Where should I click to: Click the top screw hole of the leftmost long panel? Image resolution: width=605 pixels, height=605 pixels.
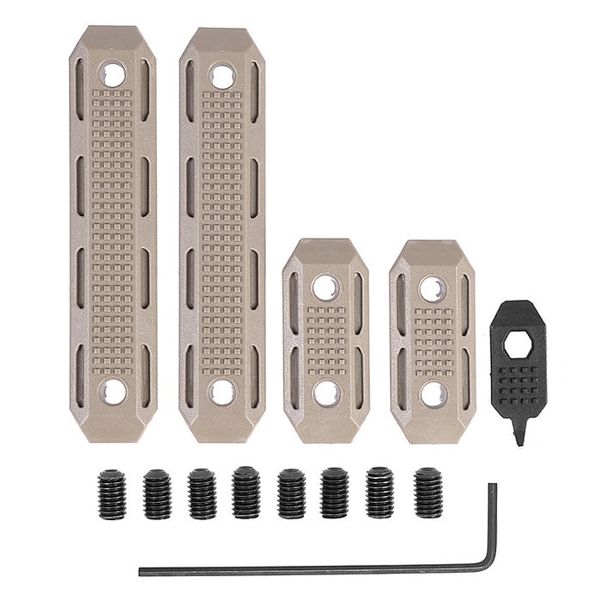[x=112, y=75]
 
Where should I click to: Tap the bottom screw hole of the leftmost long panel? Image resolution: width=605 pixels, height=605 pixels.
[x=113, y=391]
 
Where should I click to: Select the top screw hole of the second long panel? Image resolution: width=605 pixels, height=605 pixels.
[x=222, y=77]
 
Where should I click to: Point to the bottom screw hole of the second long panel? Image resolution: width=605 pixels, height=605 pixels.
[x=223, y=392]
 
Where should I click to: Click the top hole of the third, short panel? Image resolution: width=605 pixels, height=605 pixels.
[x=325, y=287]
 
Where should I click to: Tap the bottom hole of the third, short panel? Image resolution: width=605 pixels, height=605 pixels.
[x=326, y=393]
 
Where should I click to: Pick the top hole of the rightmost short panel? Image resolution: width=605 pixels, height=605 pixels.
[x=433, y=289]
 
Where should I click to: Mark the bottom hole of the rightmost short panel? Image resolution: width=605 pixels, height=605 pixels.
[x=433, y=394]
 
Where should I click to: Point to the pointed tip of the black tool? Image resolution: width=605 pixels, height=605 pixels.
[x=519, y=441]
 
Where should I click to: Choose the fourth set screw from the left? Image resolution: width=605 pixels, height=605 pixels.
[x=246, y=492]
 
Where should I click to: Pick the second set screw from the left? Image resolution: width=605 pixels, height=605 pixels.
[x=157, y=494]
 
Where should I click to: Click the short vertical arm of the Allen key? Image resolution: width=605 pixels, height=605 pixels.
[x=493, y=520]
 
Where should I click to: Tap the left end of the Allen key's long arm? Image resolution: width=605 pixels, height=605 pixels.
[x=142, y=571]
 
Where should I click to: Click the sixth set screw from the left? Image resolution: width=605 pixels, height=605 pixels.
[x=335, y=492]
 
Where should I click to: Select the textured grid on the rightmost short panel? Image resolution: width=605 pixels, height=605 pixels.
[x=433, y=341]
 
